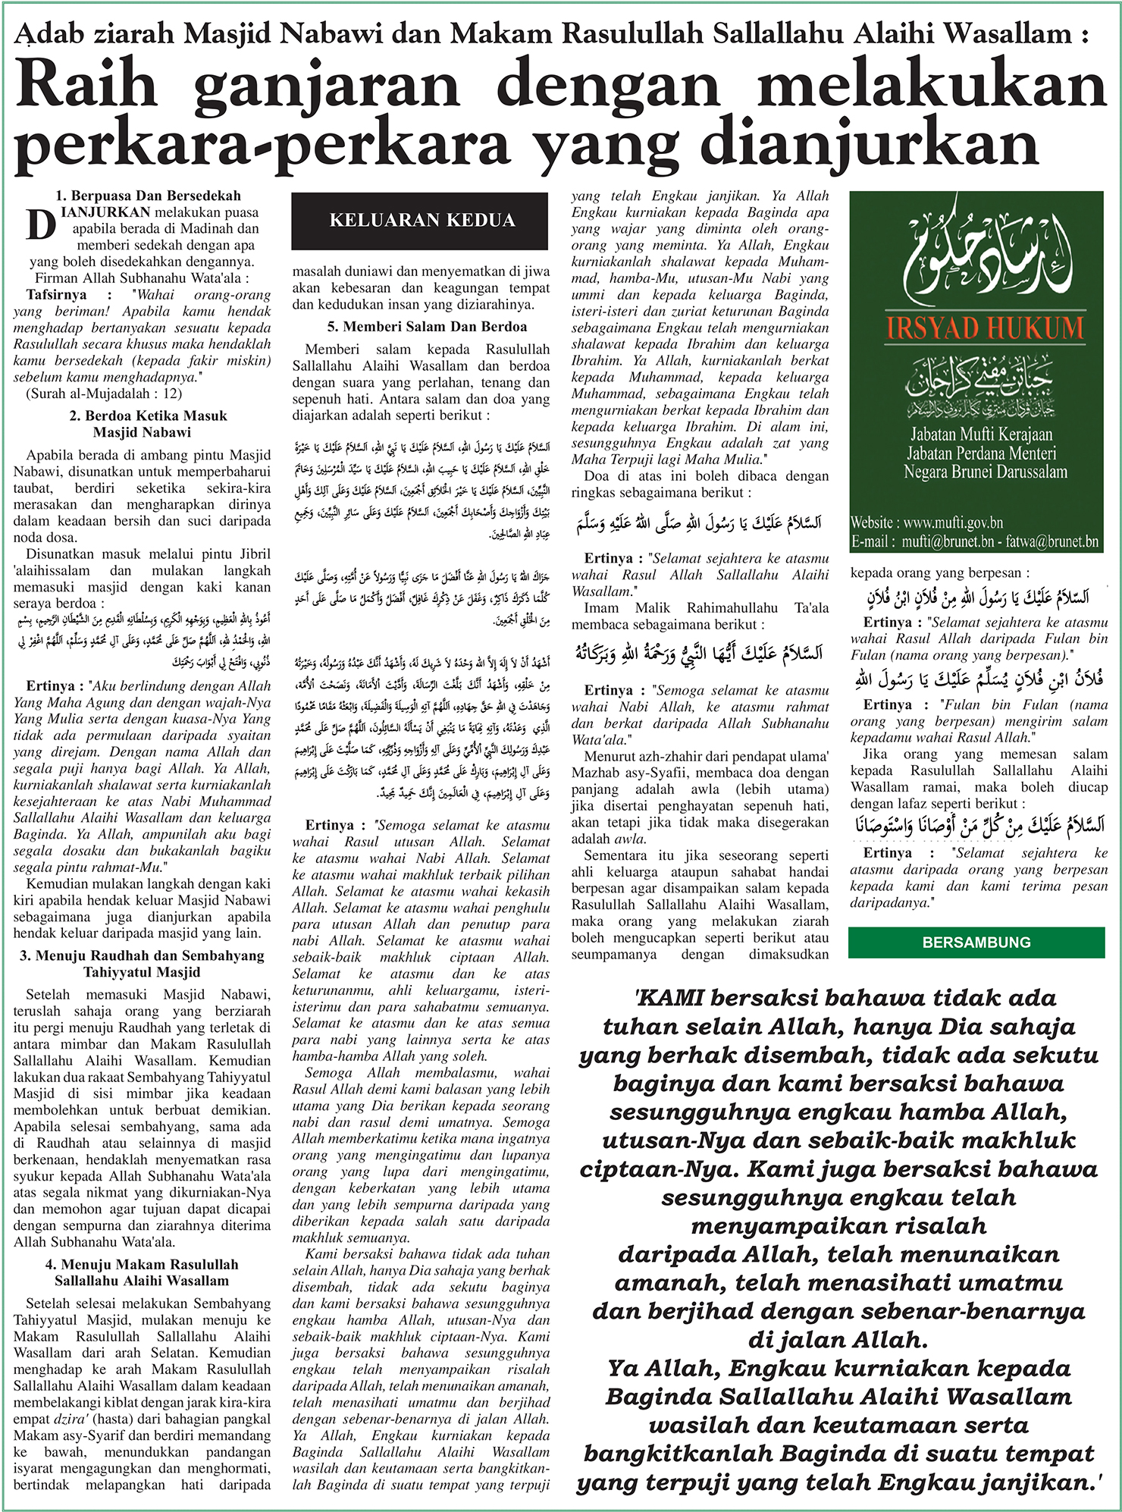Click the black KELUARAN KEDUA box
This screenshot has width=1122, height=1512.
point(420,221)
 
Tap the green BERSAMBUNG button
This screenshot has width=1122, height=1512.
point(976,943)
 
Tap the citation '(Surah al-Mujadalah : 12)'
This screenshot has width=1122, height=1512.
point(104,393)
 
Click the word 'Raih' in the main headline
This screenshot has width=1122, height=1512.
point(85,86)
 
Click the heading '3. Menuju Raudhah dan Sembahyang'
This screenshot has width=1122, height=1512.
point(143,955)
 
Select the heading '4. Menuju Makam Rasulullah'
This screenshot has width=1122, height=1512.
point(142,1264)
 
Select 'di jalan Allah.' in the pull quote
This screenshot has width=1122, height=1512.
point(837,1339)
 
